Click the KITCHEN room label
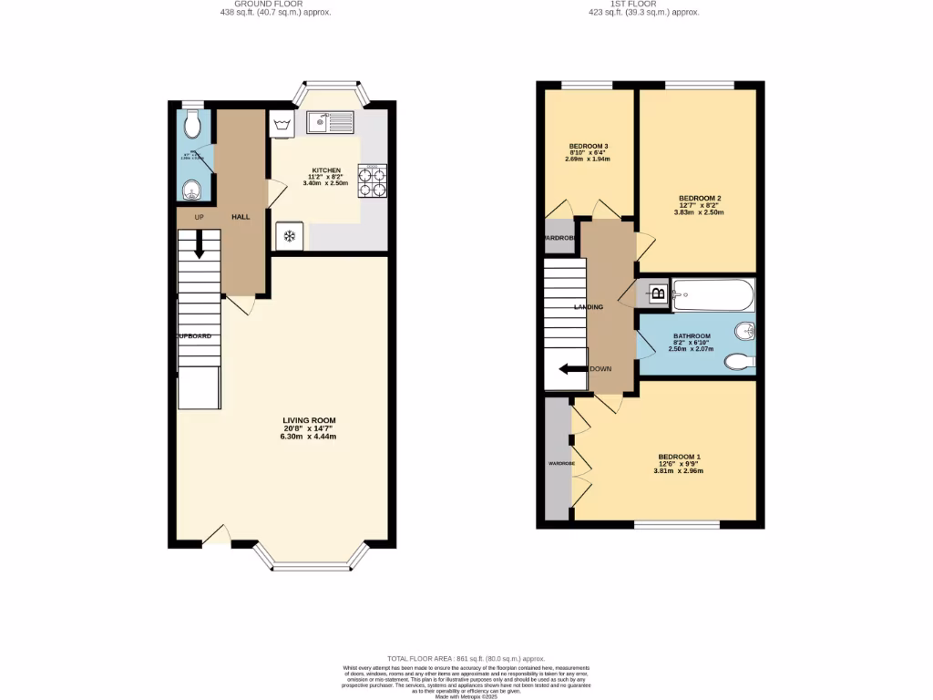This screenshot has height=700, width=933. pos(326,170)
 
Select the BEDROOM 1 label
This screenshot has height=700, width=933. pos(680,457)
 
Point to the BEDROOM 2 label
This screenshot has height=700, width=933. pos(700,198)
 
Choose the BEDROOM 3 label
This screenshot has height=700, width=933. pos(588,146)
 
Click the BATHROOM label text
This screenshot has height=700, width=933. pos(692,336)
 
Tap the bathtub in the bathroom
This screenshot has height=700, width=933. pos(713,294)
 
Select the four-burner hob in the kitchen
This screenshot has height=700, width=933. pos(374,180)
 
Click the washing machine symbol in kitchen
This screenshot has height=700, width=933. pos(281,125)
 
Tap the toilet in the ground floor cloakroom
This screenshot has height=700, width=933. pos(191,122)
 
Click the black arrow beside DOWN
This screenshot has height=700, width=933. pos(573,369)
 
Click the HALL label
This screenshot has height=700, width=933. pos(241,217)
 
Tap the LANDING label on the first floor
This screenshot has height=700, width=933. pos(588,307)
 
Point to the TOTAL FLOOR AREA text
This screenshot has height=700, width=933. pos(466,658)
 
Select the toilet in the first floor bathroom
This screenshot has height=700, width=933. pos(739,363)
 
